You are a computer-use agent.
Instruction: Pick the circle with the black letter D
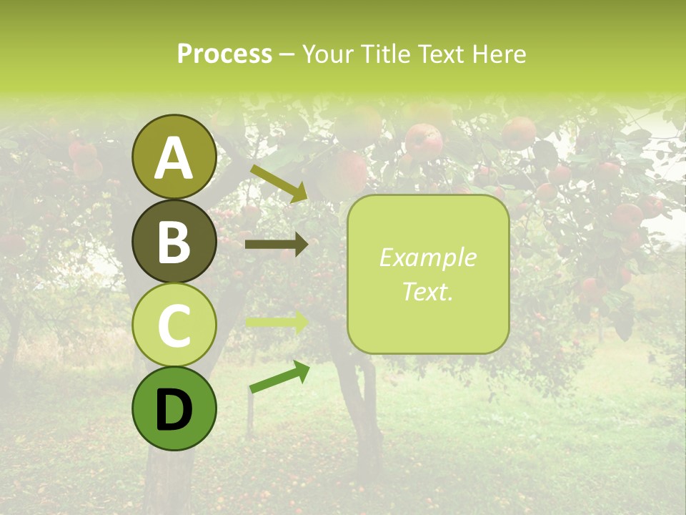[x=174, y=408]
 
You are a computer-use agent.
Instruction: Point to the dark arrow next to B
[x=276, y=245]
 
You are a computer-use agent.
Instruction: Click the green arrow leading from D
[x=279, y=377]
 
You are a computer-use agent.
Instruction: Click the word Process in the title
[x=224, y=54]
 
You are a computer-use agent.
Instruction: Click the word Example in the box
[x=427, y=257]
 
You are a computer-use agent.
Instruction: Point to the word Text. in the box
[x=427, y=291]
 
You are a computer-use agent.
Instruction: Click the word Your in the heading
[x=328, y=54]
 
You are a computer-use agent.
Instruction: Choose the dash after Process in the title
[x=287, y=54]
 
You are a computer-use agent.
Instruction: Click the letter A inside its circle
[x=174, y=159]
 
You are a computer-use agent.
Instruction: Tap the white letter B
[x=174, y=242]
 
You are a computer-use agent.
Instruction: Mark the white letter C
[x=174, y=325]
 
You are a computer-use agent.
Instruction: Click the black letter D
[x=174, y=411]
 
